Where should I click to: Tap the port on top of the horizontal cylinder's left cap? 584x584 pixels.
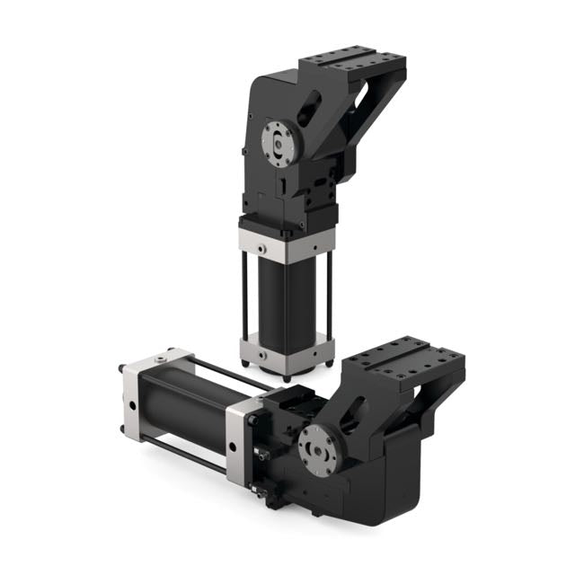point(160,359)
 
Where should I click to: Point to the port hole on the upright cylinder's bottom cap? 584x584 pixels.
point(260,355)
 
